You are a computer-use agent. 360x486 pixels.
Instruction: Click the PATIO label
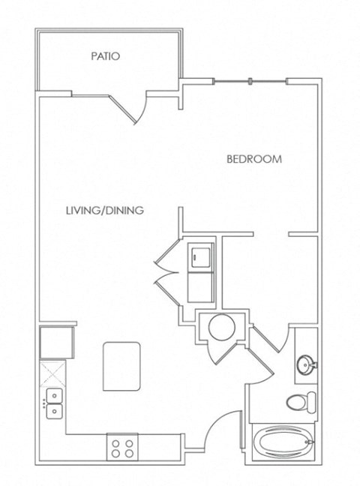click(x=106, y=56)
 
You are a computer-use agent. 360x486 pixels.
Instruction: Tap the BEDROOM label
click(x=254, y=159)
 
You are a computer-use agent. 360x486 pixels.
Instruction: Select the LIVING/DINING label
click(x=105, y=211)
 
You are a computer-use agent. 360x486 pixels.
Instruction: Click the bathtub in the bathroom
click(x=284, y=442)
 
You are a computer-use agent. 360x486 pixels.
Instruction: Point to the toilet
click(x=301, y=402)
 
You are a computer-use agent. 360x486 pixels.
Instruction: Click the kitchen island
click(x=121, y=366)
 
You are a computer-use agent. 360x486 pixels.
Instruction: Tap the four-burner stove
click(x=122, y=447)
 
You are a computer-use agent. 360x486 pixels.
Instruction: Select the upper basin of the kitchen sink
click(x=54, y=396)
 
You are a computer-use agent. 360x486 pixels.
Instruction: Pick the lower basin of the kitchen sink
click(x=54, y=411)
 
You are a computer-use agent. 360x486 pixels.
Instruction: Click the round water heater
click(x=222, y=327)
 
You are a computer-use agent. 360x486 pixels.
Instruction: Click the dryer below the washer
click(x=200, y=287)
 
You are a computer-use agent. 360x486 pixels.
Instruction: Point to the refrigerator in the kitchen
click(x=57, y=342)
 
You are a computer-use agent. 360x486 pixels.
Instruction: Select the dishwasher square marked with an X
click(x=52, y=373)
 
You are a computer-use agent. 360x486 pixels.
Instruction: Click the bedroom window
click(x=250, y=81)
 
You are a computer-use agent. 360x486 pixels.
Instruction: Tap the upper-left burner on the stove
click(x=116, y=443)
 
